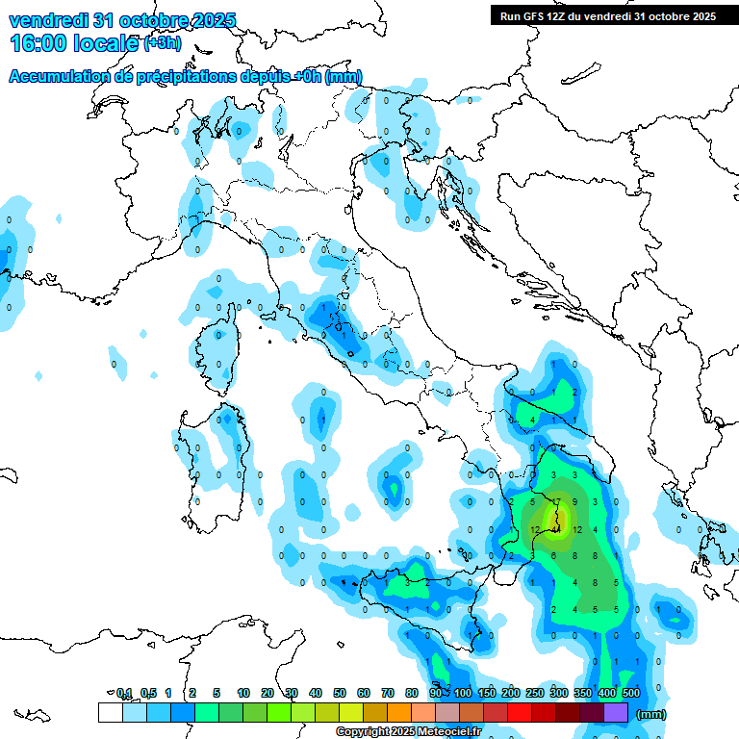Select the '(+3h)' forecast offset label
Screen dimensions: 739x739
click(161, 43)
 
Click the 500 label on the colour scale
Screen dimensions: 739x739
click(630, 693)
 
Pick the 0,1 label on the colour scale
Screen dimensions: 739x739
click(123, 693)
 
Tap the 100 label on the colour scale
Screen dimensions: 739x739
click(463, 693)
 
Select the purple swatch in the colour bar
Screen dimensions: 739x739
click(616, 712)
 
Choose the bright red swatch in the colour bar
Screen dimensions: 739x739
click(520, 712)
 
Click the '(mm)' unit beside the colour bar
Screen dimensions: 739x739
click(651, 714)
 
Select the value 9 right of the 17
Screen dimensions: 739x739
click(574, 502)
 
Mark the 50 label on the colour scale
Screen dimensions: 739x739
click(339, 693)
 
